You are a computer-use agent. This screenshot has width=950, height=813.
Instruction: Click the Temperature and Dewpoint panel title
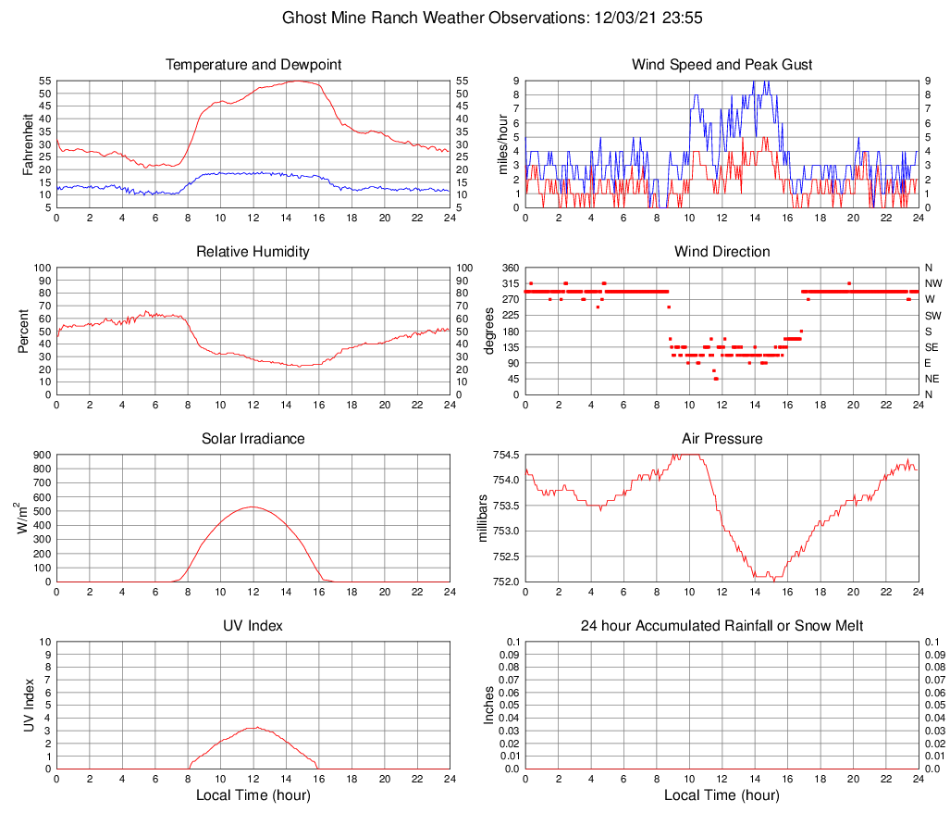tap(253, 65)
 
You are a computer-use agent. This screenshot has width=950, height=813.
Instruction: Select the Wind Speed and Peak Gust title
tap(722, 65)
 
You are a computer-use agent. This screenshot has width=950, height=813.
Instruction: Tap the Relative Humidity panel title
tap(253, 252)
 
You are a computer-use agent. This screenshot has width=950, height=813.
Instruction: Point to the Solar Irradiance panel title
tap(253, 438)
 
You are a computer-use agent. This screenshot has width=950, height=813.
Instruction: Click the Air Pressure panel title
tap(722, 438)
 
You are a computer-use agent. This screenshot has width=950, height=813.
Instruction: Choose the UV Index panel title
tap(253, 626)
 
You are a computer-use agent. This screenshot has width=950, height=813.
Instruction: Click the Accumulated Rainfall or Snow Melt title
tap(722, 626)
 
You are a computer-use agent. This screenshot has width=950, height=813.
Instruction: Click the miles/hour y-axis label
tap(503, 144)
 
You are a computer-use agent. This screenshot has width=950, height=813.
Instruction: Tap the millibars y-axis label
tap(482, 519)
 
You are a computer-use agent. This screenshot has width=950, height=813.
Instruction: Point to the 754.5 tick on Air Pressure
tap(503, 455)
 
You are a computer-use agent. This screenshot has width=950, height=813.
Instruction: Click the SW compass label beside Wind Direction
tap(931, 315)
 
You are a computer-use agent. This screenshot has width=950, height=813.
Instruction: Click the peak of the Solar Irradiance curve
tap(253, 507)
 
